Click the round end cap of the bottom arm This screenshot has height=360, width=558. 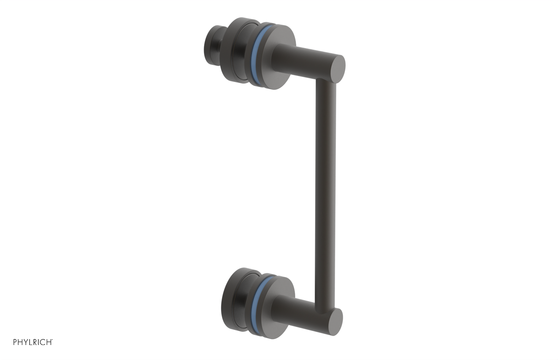336,322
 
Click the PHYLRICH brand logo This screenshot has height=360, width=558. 33,342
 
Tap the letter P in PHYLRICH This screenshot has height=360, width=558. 15,342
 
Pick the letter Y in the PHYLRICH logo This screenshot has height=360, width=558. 26,342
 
